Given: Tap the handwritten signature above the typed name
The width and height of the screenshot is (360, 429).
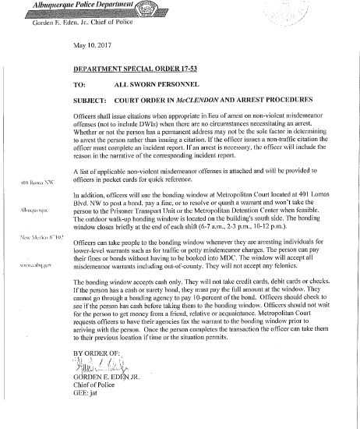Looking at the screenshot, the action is [105, 384].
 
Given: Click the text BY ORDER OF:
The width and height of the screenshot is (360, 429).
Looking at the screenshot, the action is [97, 374].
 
